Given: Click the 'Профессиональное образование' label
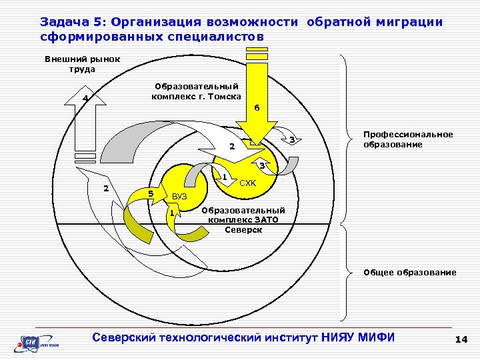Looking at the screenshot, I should click(408, 139).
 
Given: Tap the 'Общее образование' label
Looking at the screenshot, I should click(409, 272).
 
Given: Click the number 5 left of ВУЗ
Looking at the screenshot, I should click(151, 193).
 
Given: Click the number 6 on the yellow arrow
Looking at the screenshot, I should click(257, 108).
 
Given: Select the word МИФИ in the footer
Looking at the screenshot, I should click(376, 337).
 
